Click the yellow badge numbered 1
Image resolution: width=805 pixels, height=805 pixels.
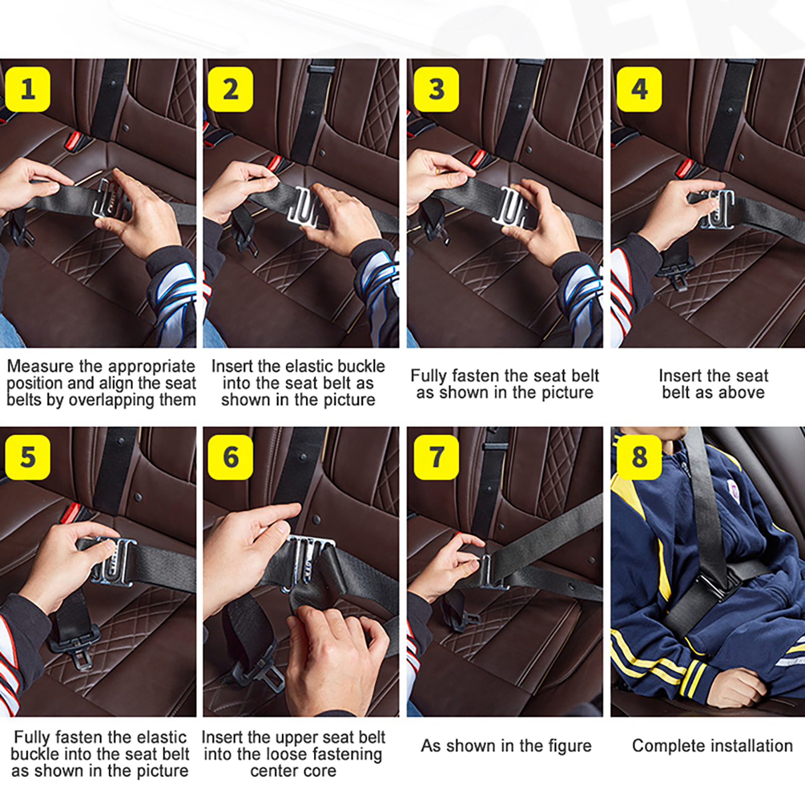pyautogui.click(x=28, y=89)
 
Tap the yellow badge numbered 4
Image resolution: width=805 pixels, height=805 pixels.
pyautogui.click(x=639, y=89)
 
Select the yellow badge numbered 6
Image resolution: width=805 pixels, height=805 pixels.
pyautogui.click(x=230, y=457)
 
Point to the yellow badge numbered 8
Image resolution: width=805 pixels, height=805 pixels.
pyautogui.click(x=639, y=457)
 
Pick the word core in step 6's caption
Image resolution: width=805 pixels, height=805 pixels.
pyautogui.click(x=318, y=771)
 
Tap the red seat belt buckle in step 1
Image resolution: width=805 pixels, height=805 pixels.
pyautogui.click(x=74, y=141)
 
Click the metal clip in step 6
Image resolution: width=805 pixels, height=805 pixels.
pyautogui.click(x=309, y=558)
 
